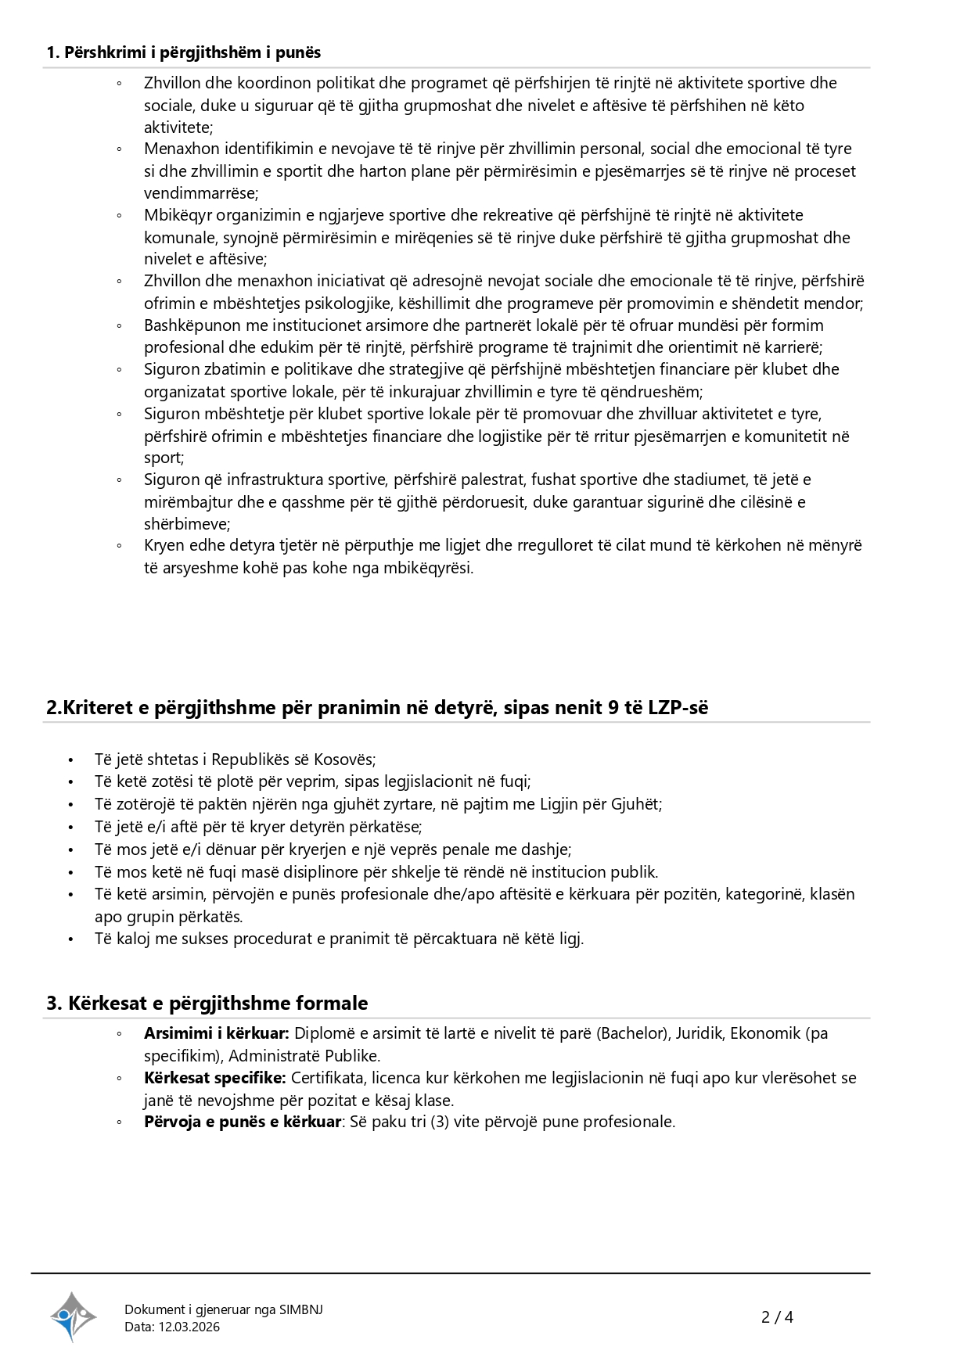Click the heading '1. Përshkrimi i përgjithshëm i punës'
184,52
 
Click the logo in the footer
73,1316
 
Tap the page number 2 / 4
777,1317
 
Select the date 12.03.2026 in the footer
189,1327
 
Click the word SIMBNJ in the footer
301,1309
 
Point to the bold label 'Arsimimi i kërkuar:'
217,1033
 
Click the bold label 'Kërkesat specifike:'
215,1078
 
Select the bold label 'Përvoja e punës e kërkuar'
243,1122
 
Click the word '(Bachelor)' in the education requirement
634,1033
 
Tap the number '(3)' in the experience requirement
441,1122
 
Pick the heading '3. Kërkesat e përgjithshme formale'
207,1003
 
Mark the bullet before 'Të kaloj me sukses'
70,939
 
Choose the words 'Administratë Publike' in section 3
304,1056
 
